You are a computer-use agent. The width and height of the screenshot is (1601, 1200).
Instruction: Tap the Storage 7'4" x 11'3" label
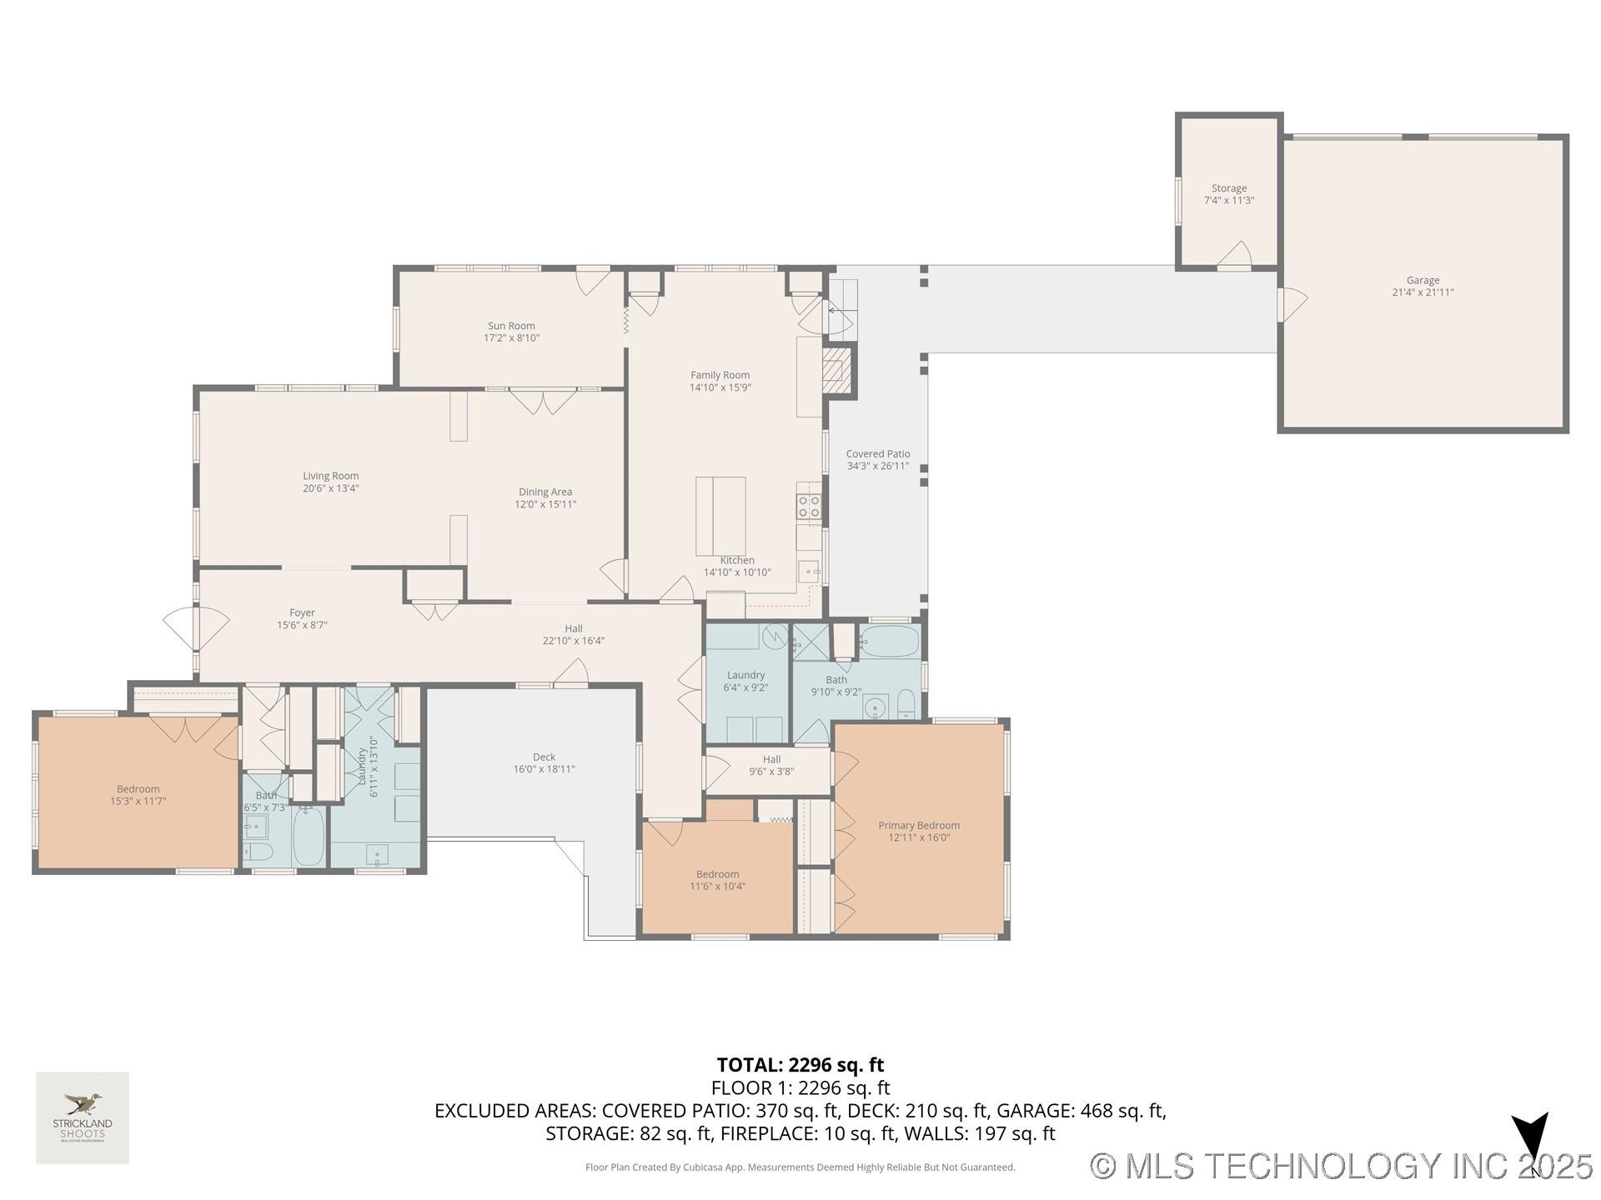(x=1229, y=194)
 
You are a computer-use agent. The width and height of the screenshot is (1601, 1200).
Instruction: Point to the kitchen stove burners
(x=809, y=506)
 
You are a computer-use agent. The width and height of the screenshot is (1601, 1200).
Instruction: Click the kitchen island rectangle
(x=720, y=516)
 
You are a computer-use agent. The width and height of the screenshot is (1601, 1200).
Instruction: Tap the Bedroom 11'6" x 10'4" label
(x=717, y=880)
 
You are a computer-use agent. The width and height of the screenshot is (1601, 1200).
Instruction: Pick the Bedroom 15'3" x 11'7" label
(x=138, y=795)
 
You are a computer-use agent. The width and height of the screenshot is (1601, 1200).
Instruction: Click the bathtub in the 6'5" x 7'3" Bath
(x=309, y=837)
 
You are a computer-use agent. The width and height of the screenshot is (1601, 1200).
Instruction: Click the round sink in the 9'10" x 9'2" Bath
(x=875, y=708)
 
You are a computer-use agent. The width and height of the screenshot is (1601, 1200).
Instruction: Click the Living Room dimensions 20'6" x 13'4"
(x=330, y=488)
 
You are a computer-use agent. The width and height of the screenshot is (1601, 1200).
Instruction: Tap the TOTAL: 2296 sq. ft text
(x=800, y=1065)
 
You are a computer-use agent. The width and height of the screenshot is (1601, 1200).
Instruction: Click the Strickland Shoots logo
(x=83, y=1117)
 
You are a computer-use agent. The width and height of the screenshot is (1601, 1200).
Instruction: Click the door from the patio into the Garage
(x=1290, y=304)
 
